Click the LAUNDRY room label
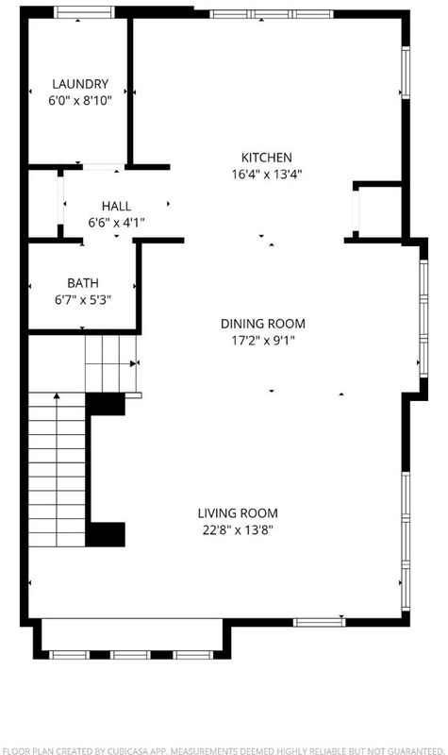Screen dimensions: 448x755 (80, 84)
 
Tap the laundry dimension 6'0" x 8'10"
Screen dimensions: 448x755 (80, 101)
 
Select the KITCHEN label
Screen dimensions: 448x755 (266, 158)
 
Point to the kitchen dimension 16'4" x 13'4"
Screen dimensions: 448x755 (266, 175)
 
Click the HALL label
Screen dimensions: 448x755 (116, 206)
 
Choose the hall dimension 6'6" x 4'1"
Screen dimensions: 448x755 (116, 223)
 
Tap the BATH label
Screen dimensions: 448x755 (83, 283)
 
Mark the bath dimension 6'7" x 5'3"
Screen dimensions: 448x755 (83, 300)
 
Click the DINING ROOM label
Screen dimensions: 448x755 (263, 324)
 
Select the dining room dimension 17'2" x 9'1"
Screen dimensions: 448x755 (263, 341)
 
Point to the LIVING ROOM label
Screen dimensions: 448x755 (238, 513)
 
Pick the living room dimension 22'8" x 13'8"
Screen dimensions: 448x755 (238, 530)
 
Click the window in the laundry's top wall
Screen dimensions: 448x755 (84, 12)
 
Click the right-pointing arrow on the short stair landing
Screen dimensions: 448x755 (133, 363)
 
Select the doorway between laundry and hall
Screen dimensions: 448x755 (104, 167)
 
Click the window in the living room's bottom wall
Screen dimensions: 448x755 (320, 622)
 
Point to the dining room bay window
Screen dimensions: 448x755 (423, 318)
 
